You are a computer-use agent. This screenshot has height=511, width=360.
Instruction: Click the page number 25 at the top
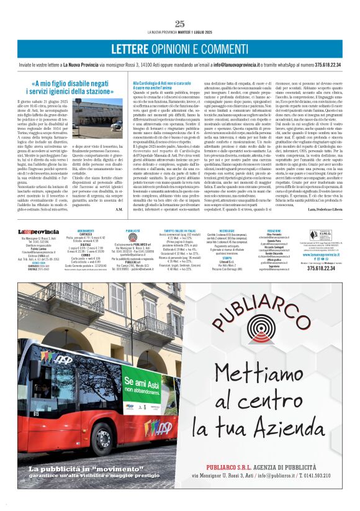[180, 24]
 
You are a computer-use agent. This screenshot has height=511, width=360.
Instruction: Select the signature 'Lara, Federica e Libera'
[325, 210]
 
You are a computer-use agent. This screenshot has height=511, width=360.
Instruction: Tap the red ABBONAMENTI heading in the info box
[86, 230]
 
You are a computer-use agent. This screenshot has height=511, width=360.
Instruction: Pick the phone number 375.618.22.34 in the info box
[322, 268]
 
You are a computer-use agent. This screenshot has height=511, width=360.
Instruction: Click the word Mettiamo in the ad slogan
[251, 373]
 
